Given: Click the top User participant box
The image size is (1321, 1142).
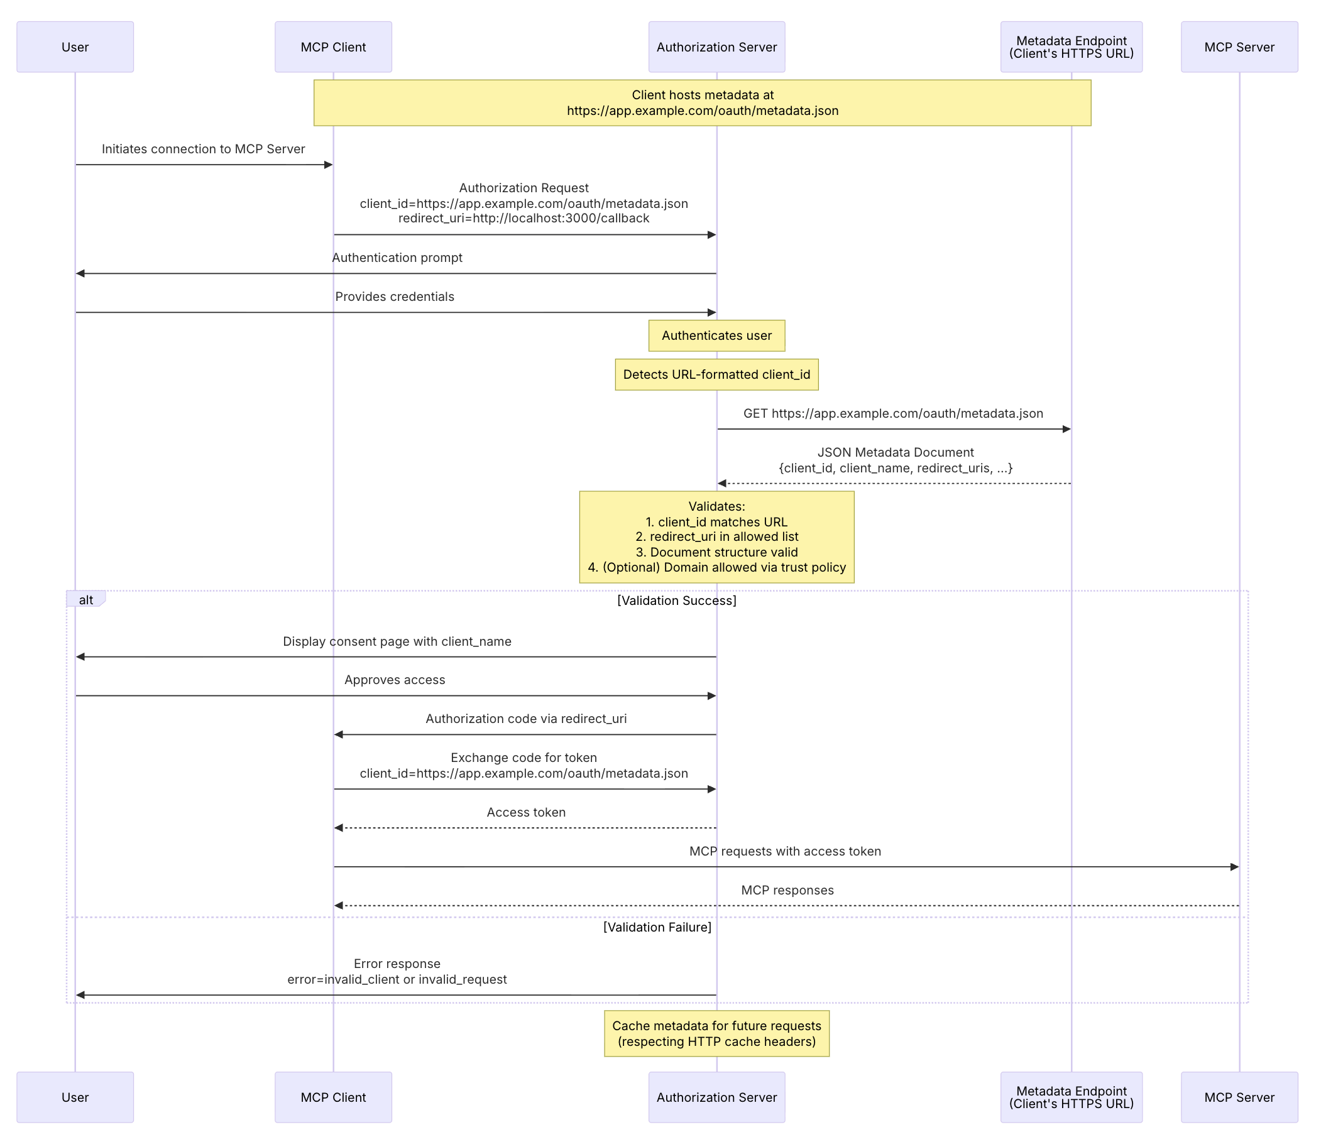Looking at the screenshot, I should coord(75,47).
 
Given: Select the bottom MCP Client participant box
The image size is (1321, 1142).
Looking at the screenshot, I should coord(333,1097).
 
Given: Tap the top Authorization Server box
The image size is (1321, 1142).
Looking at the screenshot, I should coord(716,47).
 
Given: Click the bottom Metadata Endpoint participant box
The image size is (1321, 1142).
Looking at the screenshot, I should coord(1070,1097).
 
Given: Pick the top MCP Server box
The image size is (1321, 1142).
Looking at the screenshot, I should coord(1238,47).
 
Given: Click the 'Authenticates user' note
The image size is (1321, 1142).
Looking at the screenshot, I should coord(716,336).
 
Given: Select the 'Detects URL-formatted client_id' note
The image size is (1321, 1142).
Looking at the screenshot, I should coord(716,375).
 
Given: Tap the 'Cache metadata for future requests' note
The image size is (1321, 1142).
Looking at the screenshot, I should coord(716,1033).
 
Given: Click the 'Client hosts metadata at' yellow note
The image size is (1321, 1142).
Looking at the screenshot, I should coord(702,102).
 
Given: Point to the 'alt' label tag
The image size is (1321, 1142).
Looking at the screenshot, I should coord(85,600).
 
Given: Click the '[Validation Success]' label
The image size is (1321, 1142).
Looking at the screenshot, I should coord(676,601).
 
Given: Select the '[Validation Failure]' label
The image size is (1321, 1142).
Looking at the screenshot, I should coord(657,927).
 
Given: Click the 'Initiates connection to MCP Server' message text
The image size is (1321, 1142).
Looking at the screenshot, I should coord(204,149).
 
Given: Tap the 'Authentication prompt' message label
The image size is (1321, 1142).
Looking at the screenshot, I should coord(397,258).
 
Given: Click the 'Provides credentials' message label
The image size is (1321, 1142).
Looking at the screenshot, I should coord(395,296).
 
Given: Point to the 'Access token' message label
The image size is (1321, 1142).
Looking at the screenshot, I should coord(526,812).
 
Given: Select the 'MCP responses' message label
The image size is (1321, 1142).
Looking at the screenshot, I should coord(787,889).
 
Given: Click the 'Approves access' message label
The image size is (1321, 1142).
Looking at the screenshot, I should coord(395,679).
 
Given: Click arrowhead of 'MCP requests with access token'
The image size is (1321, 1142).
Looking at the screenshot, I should coord(1234,867).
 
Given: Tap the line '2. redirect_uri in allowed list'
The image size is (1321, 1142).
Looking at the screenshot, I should coord(716,536).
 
